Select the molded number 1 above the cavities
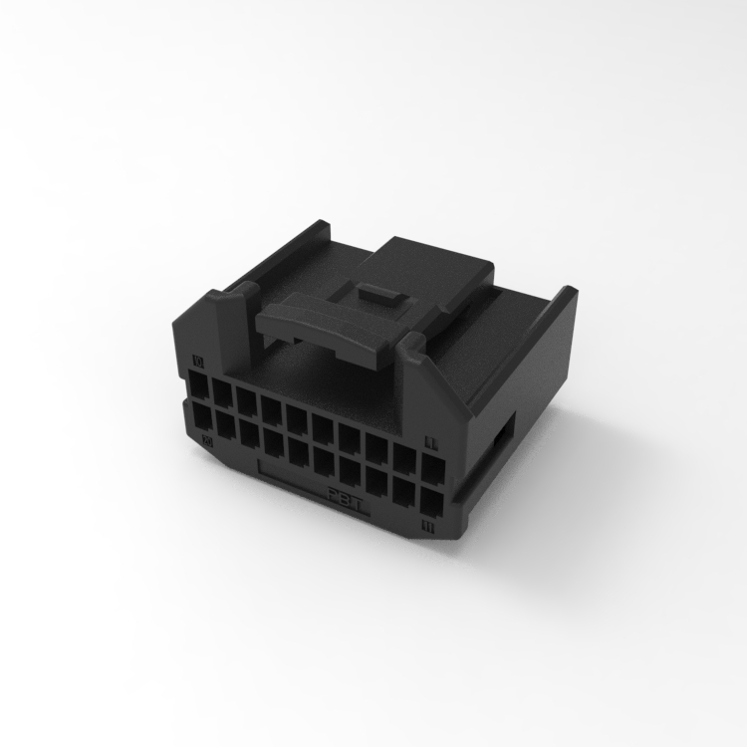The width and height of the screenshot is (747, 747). click(x=431, y=439)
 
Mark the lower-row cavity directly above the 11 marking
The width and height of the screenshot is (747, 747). click(x=431, y=498)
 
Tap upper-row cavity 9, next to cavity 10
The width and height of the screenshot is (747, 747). click(x=222, y=392)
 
